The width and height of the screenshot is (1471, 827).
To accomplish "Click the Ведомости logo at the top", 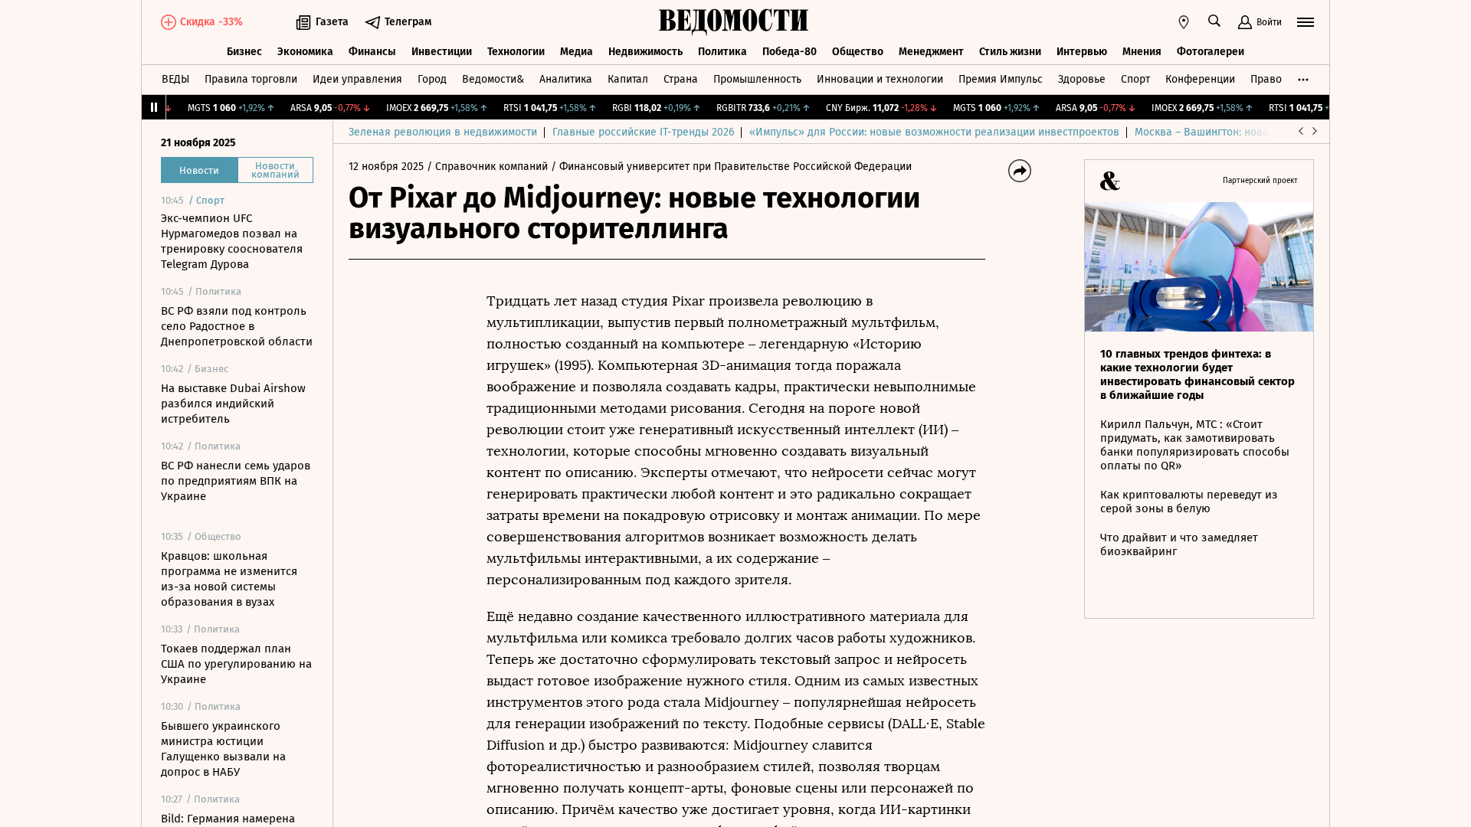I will (733, 21).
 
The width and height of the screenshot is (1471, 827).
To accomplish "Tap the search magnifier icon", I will (1214, 21).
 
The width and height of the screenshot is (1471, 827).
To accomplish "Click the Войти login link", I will (1260, 22).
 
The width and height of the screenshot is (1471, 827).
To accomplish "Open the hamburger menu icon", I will (1306, 22).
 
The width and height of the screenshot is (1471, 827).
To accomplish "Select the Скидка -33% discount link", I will (201, 22).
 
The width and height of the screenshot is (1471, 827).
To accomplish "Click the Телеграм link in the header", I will (398, 22).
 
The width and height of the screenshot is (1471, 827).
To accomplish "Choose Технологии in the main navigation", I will (516, 52).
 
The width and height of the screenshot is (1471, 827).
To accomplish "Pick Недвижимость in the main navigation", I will (645, 52).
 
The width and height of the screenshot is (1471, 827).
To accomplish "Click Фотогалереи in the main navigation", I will (1210, 52).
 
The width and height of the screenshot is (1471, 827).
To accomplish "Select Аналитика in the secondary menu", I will (565, 80).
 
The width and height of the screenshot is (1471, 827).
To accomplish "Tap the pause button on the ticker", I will (154, 107).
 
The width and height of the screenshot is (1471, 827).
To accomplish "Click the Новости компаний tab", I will (275, 170).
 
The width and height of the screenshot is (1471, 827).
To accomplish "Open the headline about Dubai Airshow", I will (233, 404).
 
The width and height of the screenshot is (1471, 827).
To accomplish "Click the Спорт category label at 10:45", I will (210, 201).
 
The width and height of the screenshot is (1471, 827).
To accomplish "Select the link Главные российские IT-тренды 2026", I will (643, 132).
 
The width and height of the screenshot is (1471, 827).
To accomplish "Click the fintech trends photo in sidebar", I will (1198, 266).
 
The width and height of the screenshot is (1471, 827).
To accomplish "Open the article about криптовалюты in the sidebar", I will (1188, 502).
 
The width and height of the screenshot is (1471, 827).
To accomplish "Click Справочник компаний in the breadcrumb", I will (491, 167).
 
